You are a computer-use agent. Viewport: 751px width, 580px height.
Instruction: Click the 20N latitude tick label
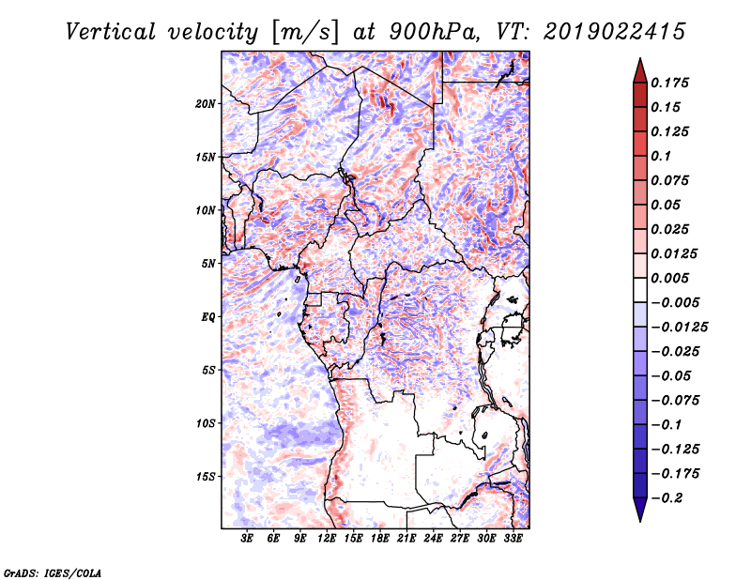[x=205, y=103]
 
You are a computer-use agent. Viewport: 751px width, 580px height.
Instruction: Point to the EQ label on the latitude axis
[x=207, y=317]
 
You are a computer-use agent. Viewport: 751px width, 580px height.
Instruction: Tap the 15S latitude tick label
[x=205, y=477]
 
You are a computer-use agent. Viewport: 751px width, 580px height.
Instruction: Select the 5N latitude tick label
[x=208, y=264]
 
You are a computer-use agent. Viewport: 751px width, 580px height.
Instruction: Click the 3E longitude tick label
[x=247, y=539]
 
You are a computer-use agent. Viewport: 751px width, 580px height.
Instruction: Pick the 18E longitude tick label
[x=380, y=539]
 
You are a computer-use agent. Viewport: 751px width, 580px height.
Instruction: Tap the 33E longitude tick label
[x=513, y=539]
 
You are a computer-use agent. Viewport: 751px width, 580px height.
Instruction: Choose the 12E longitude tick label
[x=327, y=539]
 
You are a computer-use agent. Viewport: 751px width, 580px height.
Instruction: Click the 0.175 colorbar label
[x=669, y=83]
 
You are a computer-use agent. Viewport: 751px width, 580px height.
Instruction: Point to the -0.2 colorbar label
[x=667, y=498]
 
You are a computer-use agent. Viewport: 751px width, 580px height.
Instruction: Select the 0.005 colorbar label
[x=669, y=278]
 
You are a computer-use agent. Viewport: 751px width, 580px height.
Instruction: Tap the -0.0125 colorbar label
[x=679, y=328]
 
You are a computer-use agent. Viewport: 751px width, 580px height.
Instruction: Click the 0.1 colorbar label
[x=661, y=156]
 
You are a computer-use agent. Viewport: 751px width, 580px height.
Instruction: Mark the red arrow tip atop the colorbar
[x=640, y=58]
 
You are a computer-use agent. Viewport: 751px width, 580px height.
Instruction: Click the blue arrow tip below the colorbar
[x=640, y=521]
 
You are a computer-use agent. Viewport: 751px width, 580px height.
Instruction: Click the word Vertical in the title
[x=111, y=32]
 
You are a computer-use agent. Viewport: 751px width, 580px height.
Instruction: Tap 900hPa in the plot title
[x=434, y=32]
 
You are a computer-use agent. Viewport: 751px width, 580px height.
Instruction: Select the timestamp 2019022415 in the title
[x=615, y=32]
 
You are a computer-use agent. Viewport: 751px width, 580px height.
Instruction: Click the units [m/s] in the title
[x=305, y=33]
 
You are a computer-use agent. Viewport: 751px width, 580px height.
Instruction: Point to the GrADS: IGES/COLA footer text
[x=53, y=572]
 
